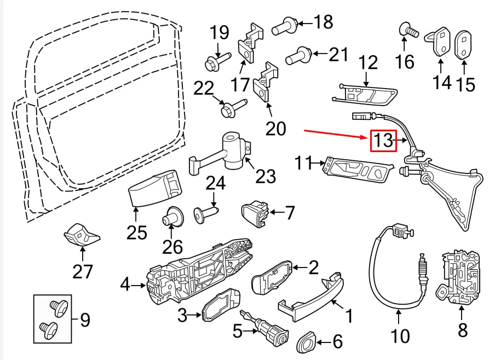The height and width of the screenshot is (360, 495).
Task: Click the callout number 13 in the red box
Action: tap(383, 141)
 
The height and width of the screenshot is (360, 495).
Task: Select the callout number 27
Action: tap(83, 270)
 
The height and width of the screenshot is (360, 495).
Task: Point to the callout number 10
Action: tap(401, 335)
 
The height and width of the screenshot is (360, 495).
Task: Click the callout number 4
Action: tap(125, 284)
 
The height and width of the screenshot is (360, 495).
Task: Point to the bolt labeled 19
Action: tap(212, 64)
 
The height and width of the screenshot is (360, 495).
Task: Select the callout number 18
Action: tap(323, 22)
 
